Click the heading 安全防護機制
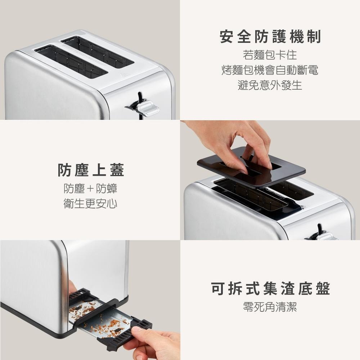coord(270,37)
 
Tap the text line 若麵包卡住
coord(270,55)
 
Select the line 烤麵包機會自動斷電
coord(270,70)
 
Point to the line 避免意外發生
coord(270,85)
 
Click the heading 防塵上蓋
coord(91,170)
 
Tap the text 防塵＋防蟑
coord(90,189)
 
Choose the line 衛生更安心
coord(90,204)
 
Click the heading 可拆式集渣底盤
coord(270,289)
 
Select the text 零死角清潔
coord(270,307)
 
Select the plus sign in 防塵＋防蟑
coord(90,189)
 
